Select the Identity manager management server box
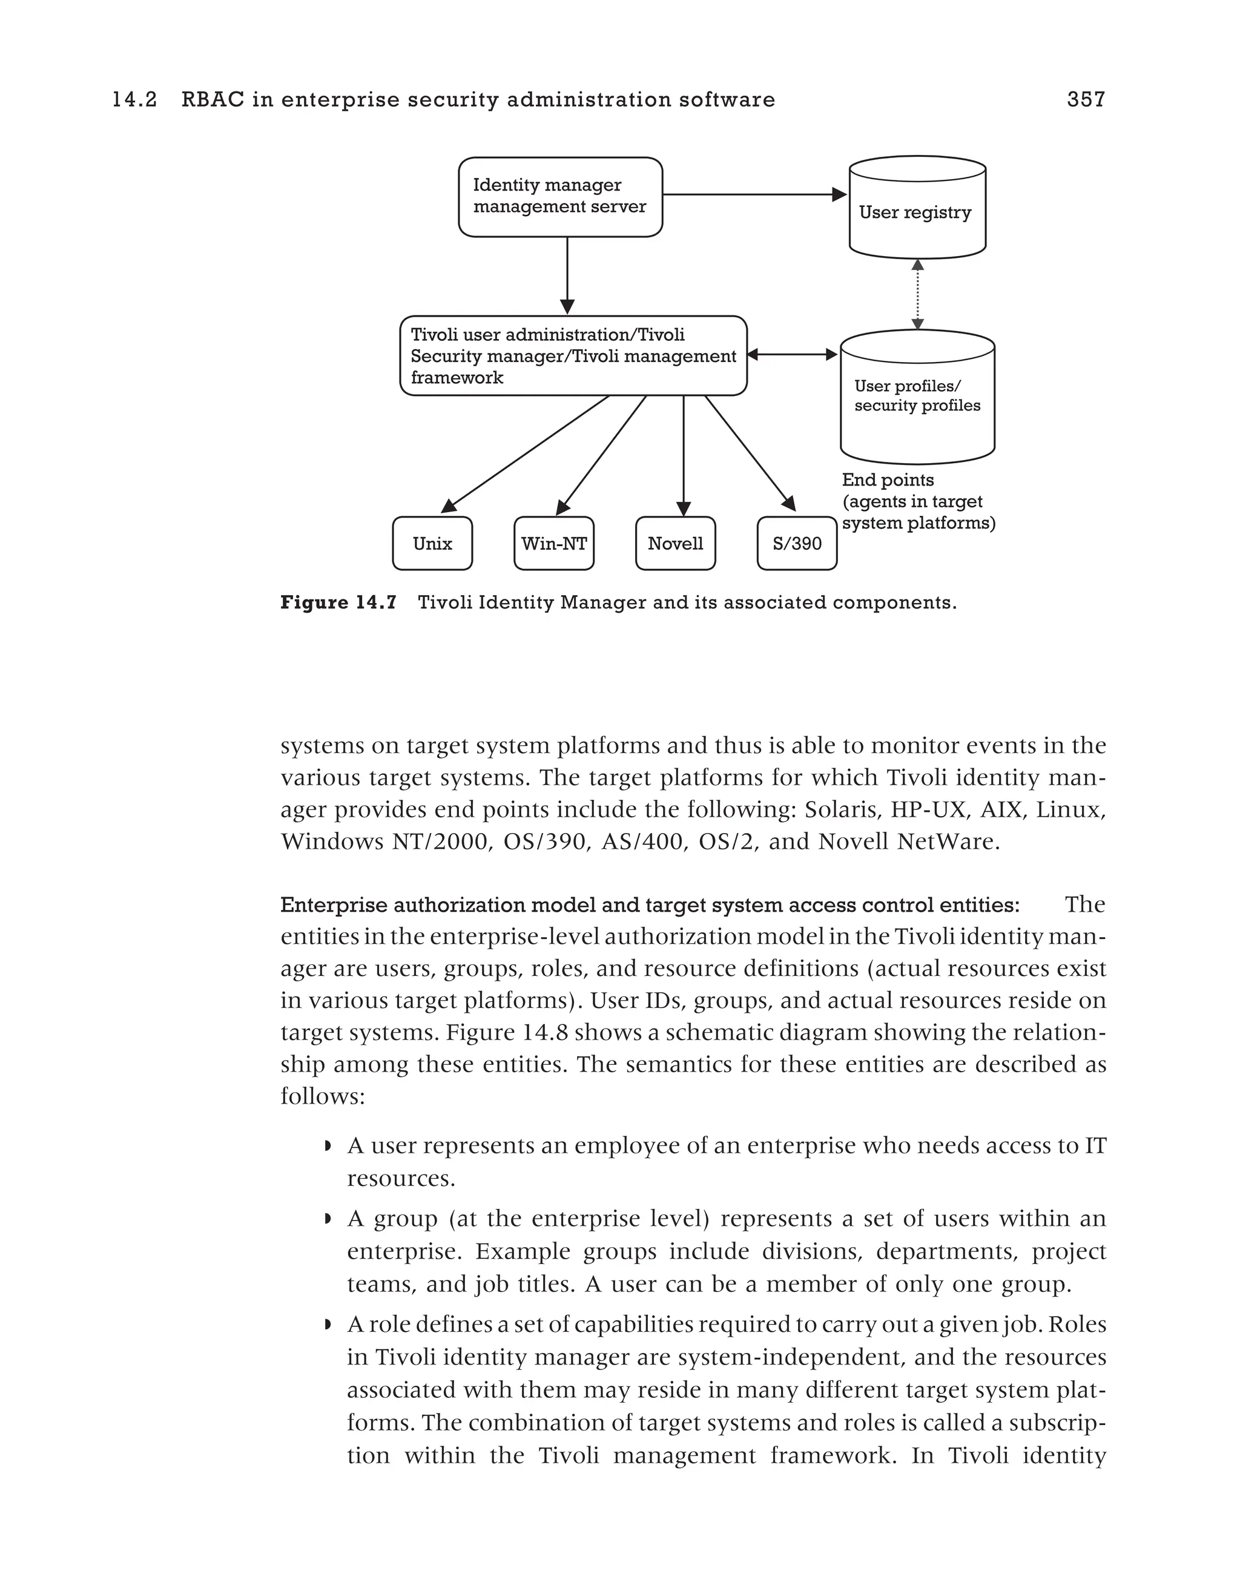560,197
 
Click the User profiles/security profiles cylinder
917,397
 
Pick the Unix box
432,544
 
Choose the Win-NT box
554,544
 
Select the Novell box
675,544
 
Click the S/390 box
797,544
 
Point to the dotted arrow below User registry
917,295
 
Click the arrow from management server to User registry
752,195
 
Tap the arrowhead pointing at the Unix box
449,505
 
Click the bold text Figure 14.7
338,603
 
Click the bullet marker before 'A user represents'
328,1147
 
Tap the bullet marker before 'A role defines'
328,1325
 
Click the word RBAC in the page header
213,100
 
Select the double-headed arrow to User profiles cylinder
793,355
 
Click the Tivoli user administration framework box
573,356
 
